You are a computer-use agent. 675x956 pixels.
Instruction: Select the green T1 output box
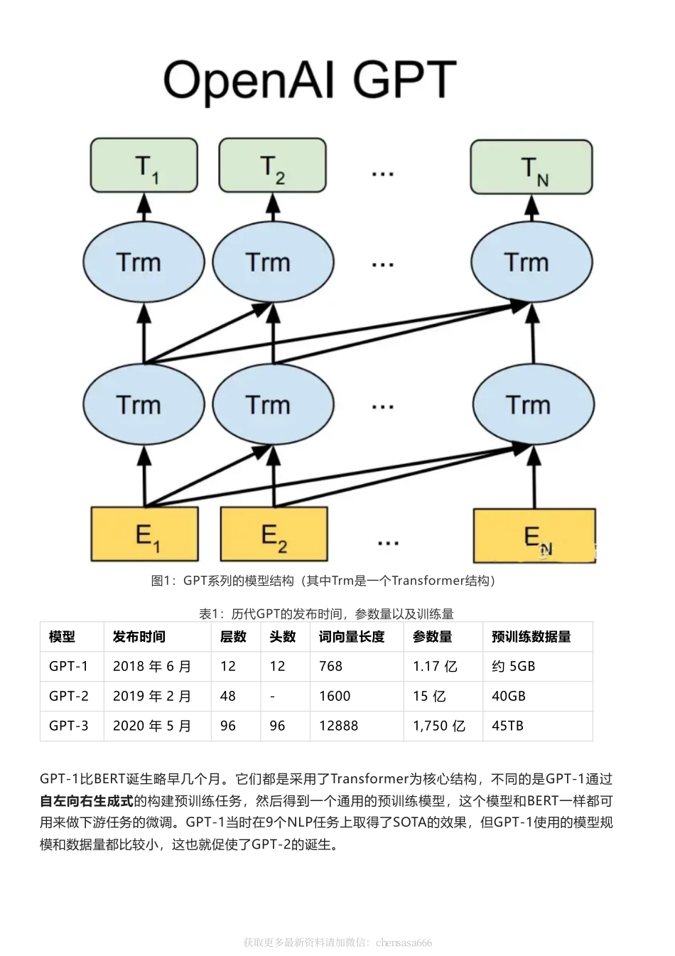144,166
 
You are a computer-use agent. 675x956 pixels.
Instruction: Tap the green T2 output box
272,166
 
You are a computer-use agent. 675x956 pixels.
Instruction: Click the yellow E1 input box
144,534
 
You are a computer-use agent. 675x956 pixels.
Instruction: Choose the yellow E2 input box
274,534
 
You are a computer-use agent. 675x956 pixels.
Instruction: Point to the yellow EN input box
534,535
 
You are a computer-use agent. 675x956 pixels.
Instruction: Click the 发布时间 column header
139,637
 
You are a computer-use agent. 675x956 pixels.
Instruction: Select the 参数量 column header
433,637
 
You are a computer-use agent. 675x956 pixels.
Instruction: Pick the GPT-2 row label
69,696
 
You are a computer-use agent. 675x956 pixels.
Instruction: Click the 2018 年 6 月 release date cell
152,667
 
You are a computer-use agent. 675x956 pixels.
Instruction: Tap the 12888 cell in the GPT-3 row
339,726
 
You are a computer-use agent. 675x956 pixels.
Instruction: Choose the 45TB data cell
508,726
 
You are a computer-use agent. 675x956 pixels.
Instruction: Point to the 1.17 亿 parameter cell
435,667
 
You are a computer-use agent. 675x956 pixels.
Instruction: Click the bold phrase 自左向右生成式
87,801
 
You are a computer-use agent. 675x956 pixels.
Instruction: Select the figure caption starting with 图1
323,581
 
